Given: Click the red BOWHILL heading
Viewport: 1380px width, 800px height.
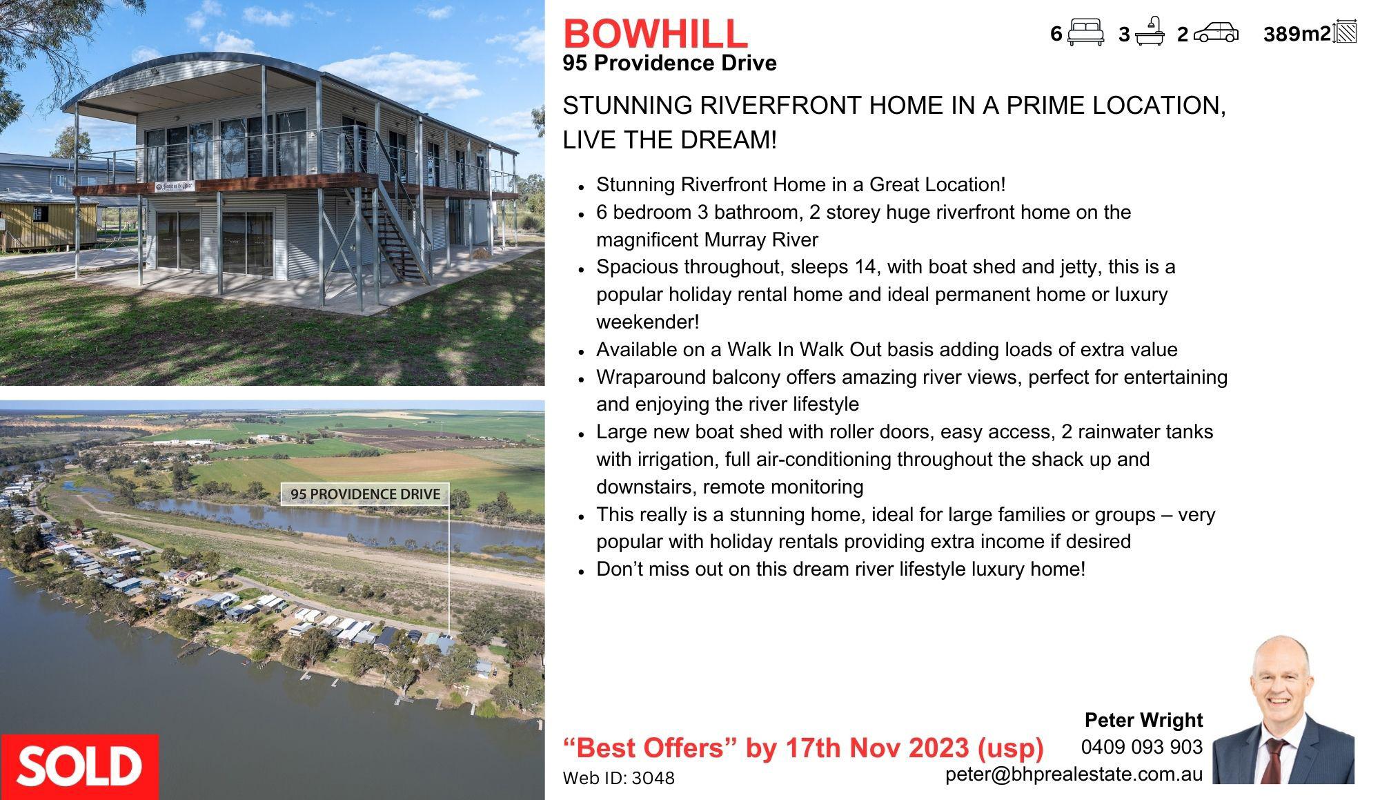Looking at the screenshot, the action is (x=655, y=32).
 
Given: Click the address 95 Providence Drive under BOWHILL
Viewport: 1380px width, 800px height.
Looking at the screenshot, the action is (x=669, y=63).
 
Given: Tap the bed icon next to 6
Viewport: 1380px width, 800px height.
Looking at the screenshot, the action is (x=1085, y=33).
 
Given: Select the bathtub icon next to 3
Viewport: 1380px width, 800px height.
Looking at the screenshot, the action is (x=1150, y=32).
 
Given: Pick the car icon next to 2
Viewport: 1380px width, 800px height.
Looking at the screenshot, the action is (x=1216, y=33).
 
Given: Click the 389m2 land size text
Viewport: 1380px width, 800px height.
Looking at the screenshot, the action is (x=1297, y=34).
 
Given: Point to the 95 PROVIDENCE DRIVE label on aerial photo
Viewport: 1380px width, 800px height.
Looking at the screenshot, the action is (x=365, y=494).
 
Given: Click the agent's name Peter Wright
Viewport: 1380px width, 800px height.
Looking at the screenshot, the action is (x=1143, y=720).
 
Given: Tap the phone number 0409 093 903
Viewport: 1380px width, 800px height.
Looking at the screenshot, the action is (x=1142, y=747).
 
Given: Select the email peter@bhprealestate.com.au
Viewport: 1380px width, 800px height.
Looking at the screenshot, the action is (x=1074, y=774).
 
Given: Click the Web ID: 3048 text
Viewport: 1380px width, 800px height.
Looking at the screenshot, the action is (x=619, y=778).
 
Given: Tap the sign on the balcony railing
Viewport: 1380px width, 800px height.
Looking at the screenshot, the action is (x=175, y=185).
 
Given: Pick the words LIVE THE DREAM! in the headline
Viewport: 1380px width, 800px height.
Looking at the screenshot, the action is (x=669, y=139).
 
